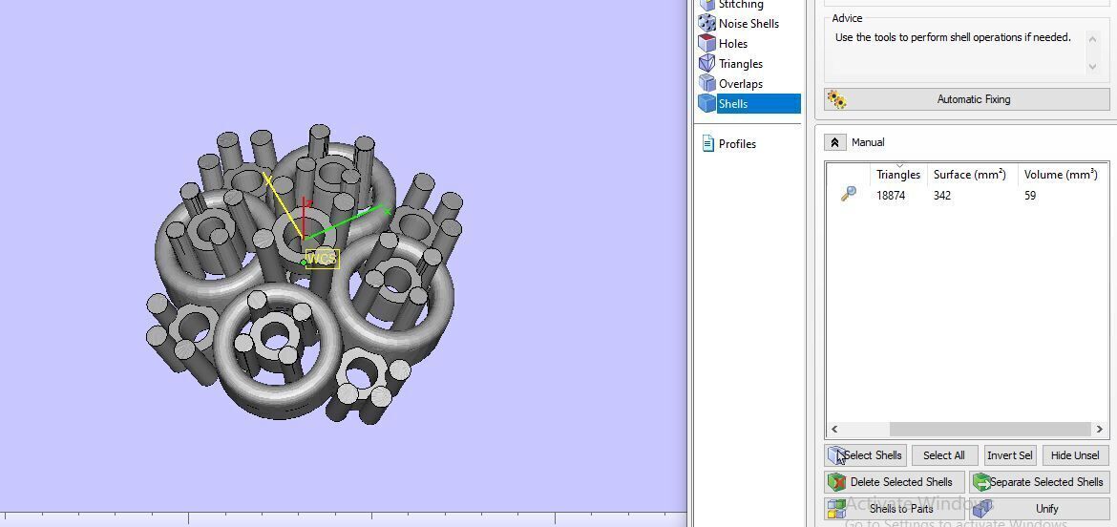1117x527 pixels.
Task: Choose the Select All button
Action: pyautogui.click(x=944, y=455)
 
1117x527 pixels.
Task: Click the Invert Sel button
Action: pyautogui.click(x=1009, y=455)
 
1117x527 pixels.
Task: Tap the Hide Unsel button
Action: pyautogui.click(x=1074, y=455)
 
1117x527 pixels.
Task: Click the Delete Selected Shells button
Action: pyautogui.click(x=894, y=482)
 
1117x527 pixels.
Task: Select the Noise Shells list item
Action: pyautogui.click(x=748, y=24)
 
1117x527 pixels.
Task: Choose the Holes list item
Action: pyautogui.click(x=732, y=44)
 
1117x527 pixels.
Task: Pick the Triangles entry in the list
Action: pyautogui.click(x=740, y=64)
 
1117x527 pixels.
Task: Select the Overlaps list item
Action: pyautogui.click(x=740, y=84)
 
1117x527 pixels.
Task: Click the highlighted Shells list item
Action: pyautogui.click(x=733, y=104)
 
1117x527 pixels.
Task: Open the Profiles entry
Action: pyautogui.click(x=736, y=144)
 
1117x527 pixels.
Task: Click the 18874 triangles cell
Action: pyautogui.click(x=891, y=196)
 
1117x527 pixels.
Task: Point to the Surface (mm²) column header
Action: pyautogui.click(x=969, y=175)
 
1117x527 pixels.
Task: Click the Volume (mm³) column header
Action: pyautogui.click(x=1060, y=175)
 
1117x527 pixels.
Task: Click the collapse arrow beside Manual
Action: pyautogui.click(x=834, y=142)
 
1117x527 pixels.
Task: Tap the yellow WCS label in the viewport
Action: pyautogui.click(x=322, y=259)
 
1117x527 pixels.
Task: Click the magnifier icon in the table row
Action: pyautogui.click(x=848, y=195)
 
